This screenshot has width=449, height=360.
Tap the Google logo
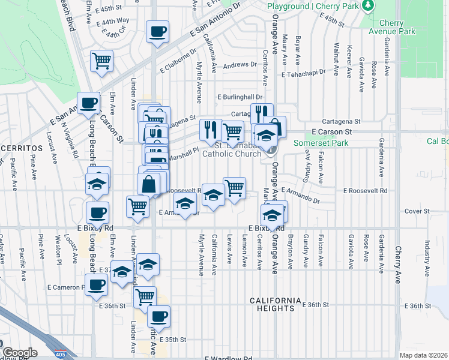tap(19, 353)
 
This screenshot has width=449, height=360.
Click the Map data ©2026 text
tap(423, 355)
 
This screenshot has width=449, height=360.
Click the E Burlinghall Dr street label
tap(240, 97)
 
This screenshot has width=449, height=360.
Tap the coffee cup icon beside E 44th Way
tap(158, 31)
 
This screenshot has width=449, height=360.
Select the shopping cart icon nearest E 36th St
tap(145, 296)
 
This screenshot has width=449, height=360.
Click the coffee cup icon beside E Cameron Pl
tap(95, 284)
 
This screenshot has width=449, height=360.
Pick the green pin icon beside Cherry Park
tap(368, 5)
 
